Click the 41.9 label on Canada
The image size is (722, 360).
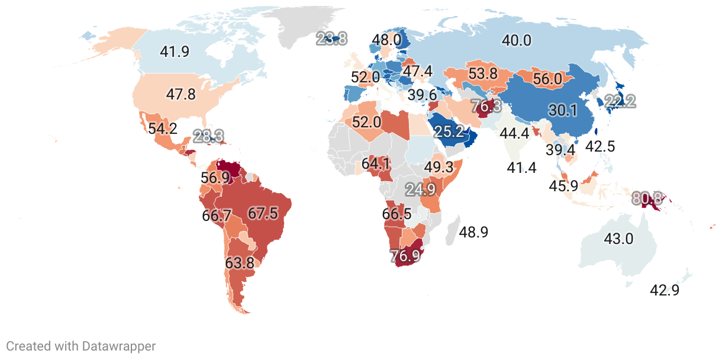(175, 52)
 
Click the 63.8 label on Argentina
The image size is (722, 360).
(240, 262)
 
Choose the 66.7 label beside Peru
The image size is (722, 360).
(217, 216)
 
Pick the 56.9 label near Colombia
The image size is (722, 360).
(215, 178)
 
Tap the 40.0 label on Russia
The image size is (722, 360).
(517, 41)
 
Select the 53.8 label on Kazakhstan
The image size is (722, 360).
(483, 74)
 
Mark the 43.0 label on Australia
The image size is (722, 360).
(618, 239)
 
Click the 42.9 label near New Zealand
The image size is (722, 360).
(665, 290)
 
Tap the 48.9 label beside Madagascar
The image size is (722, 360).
(473, 232)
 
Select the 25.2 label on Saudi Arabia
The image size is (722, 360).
(449, 132)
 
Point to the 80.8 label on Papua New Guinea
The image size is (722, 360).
(647, 198)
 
